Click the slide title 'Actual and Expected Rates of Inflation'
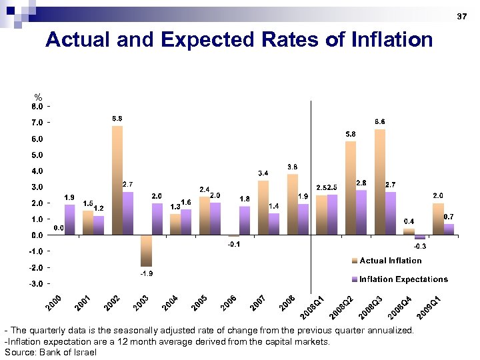[x=239, y=40]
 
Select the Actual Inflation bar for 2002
[x=117, y=180]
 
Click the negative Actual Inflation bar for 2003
[x=146, y=251]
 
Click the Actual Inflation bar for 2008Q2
[x=351, y=188]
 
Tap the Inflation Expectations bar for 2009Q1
[x=449, y=229]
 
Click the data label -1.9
[x=146, y=273]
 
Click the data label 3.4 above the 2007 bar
[x=263, y=173]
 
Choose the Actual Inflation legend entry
[x=386, y=261]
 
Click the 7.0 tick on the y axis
[x=37, y=123]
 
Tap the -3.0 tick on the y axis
[x=37, y=283]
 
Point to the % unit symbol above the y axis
[x=38, y=97]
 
